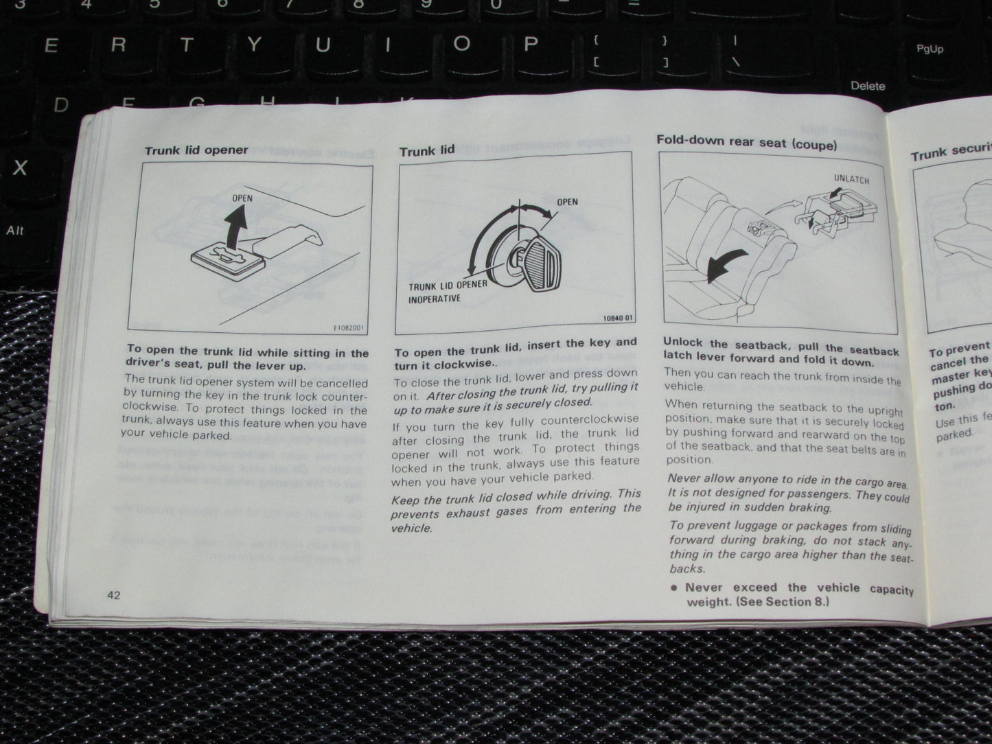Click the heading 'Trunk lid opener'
point(196,150)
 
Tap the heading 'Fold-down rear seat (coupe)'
point(746,142)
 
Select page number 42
point(113,594)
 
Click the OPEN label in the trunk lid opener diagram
point(242,198)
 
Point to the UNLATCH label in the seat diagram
point(851,180)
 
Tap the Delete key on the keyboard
point(868,86)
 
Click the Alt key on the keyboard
point(15,231)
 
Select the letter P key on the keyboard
point(529,45)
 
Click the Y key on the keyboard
point(255,45)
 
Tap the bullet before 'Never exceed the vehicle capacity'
point(674,588)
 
